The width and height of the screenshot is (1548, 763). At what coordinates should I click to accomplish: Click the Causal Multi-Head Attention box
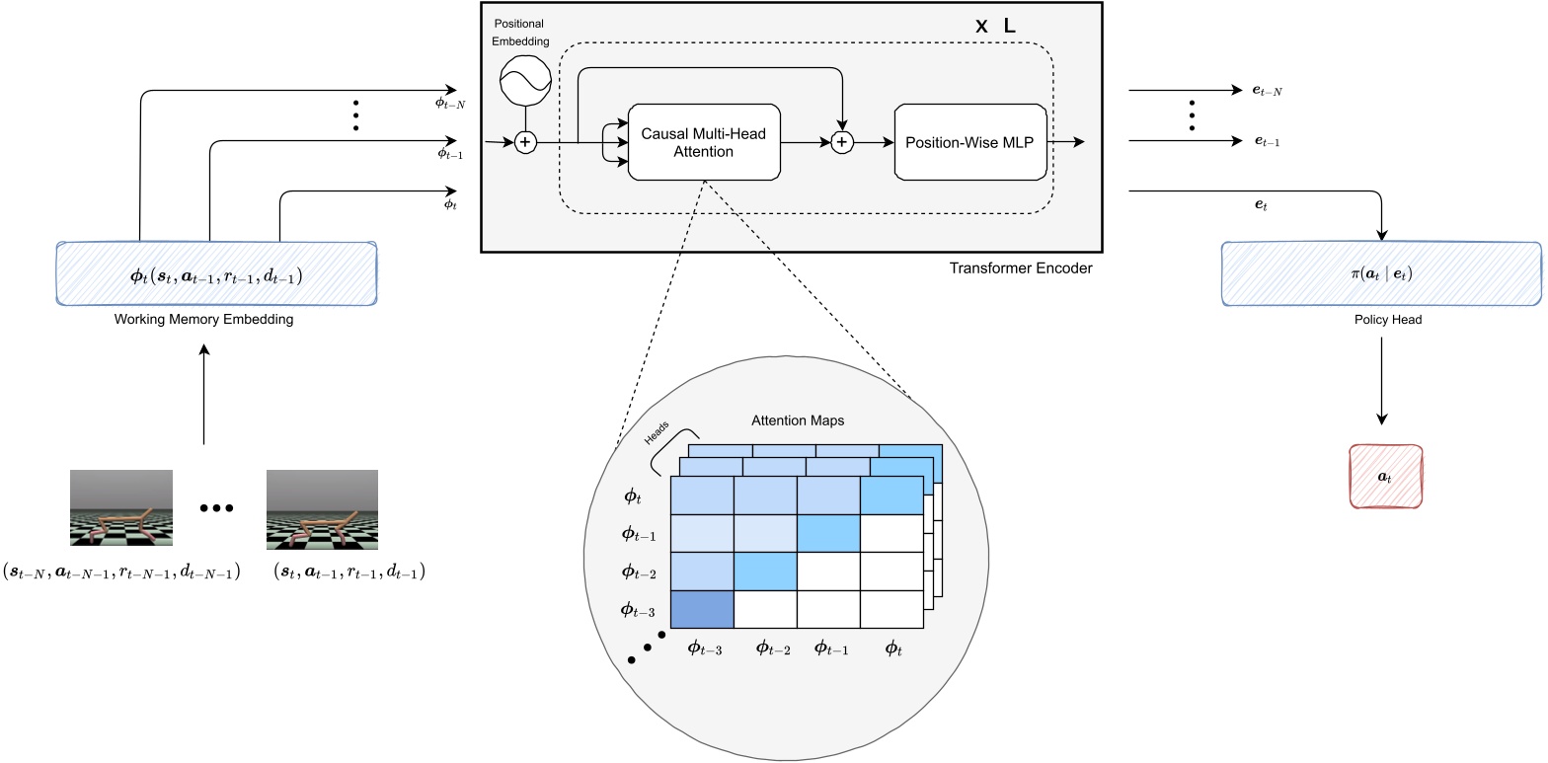point(703,143)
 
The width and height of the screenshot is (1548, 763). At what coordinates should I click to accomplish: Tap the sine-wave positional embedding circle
point(523,81)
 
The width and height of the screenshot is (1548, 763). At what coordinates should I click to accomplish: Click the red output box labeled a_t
point(1385,477)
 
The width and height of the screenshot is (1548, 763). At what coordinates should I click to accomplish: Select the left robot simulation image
point(121,508)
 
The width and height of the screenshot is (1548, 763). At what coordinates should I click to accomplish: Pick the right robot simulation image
point(322,508)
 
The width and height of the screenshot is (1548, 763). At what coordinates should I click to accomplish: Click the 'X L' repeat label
point(995,27)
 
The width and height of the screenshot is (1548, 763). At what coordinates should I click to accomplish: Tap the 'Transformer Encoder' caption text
point(1020,267)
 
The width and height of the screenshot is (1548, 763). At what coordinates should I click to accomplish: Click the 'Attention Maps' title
point(797,420)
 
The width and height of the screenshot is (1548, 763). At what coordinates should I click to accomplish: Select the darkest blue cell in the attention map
point(702,609)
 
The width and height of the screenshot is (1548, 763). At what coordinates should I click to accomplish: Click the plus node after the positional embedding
point(524,143)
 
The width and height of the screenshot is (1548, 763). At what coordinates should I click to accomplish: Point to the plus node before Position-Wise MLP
point(841,143)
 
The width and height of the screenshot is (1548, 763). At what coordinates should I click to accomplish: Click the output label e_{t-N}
point(1268,91)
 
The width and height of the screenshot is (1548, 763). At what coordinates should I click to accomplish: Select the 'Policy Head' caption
point(1380,320)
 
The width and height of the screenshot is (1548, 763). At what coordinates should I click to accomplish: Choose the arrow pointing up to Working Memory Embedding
point(203,395)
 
